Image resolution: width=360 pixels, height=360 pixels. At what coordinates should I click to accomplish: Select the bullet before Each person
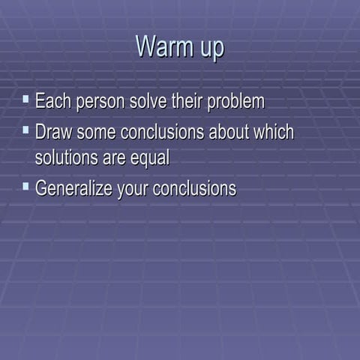coord(26,98)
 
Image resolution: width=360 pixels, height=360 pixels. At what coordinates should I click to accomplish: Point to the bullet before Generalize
coord(26,184)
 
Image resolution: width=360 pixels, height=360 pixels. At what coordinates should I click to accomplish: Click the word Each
coord(52,101)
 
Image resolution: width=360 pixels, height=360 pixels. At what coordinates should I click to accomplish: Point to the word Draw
coord(54,133)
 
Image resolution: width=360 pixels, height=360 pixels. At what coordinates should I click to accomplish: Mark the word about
coord(230,133)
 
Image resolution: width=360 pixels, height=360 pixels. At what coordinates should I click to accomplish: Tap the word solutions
coord(68,158)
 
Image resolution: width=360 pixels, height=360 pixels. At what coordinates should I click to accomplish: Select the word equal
coord(150,159)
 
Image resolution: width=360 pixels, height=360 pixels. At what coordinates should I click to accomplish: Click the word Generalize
coord(73,188)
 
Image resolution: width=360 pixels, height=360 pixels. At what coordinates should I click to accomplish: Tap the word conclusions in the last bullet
coord(194,188)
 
